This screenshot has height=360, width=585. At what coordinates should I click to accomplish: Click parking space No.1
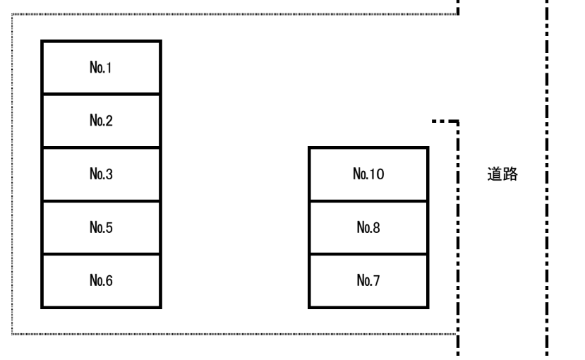point(101,67)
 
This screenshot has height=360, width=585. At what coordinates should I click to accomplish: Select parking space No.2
point(101,121)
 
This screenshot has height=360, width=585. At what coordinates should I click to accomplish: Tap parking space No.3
point(101,174)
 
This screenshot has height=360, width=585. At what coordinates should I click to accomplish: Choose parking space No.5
point(101,227)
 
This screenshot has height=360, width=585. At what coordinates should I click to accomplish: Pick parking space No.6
point(101,281)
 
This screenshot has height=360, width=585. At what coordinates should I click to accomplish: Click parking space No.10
point(368,174)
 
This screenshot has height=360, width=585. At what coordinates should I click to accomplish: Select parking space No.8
point(368,227)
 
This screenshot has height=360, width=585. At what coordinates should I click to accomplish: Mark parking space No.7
point(368,281)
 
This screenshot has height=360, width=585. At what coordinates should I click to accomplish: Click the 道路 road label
point(502,174)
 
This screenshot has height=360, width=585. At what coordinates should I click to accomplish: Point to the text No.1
point(100,68)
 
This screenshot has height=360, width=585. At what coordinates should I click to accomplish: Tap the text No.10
point(368,174)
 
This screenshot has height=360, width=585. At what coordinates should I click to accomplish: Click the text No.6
point(101,280)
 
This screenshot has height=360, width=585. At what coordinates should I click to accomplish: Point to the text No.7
point(368,280)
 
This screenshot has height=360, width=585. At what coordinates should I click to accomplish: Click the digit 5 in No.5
point(109,227)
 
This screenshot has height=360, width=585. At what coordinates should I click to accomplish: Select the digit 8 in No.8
point(376,227)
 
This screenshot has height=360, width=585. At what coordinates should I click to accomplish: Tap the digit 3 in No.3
point(109,174)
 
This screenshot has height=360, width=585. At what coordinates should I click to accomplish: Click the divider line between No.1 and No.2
point(101,94)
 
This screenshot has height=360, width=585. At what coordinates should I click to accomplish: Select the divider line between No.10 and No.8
point(368,201)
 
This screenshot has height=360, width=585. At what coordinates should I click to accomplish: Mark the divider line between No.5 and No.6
point(101,254)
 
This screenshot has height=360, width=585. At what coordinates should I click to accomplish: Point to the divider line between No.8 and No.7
point(368,254)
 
